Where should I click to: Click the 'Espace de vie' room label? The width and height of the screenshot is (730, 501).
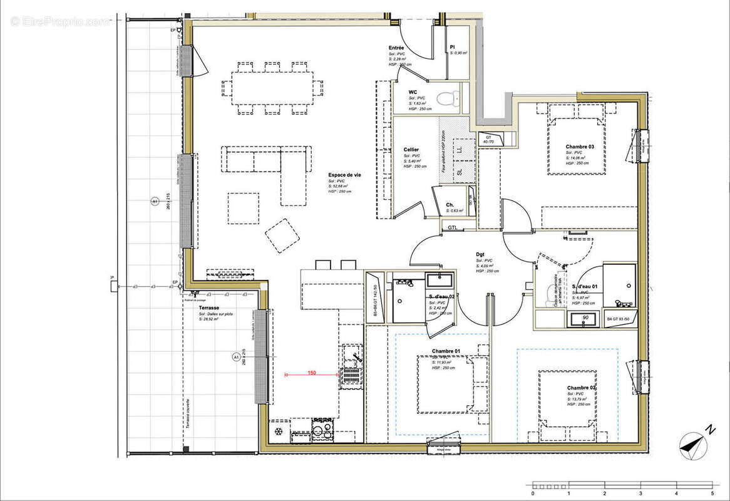(x=344, y=175)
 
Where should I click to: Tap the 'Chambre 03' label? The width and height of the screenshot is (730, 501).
(x=579, y=147)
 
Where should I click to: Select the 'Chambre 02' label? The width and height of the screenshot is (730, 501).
(x=581, y=388)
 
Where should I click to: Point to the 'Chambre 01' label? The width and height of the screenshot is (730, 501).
(x=446, y=351)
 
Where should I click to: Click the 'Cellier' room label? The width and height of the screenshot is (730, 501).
(x=411, y=150)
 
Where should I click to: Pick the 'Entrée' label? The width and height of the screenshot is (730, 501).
(x=396, y=48)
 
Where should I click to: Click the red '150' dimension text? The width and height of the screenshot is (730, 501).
(x=311, y=373)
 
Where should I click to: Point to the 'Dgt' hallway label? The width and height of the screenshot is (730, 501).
(x=480, y=254)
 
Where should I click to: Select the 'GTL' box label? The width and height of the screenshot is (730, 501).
(x=452, y=227)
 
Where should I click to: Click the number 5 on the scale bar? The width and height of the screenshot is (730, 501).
(x=712, y=493)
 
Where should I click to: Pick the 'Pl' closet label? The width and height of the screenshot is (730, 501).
(x=452, y=48)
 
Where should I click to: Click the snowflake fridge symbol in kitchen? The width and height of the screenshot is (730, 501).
(x=278, y=433)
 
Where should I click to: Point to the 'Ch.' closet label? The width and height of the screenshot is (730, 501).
(x=450, y=205)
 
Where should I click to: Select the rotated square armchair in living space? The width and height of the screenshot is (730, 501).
(x=282, y=235)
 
